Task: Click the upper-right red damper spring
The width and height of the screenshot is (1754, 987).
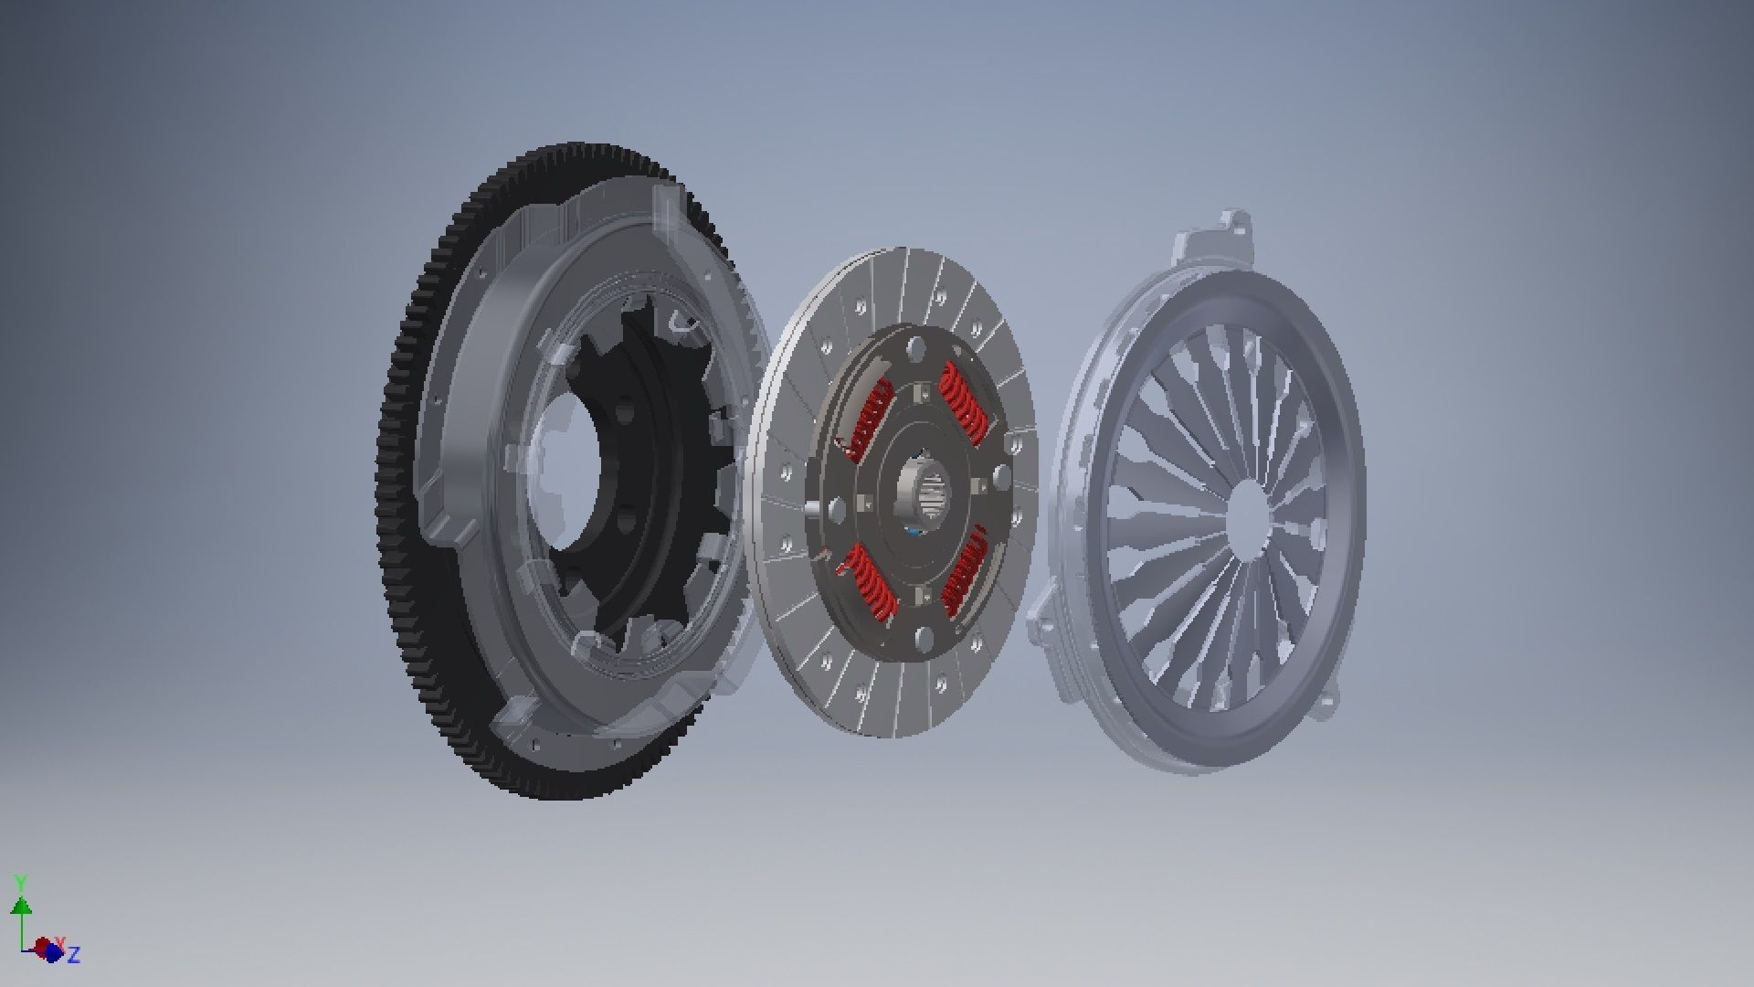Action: (964, 402)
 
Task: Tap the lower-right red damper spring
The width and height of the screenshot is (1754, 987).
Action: (964, 571)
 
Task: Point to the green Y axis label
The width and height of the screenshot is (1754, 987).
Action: (20, 883)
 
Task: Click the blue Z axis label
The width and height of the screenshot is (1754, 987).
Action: (75, 955)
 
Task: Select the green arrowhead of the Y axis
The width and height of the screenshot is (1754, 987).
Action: (21, 906)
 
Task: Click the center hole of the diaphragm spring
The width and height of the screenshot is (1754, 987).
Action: (1247, 516)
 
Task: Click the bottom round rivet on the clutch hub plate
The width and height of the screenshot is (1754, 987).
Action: (925, 637)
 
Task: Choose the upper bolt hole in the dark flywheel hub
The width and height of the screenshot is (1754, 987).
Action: (625, 413)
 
